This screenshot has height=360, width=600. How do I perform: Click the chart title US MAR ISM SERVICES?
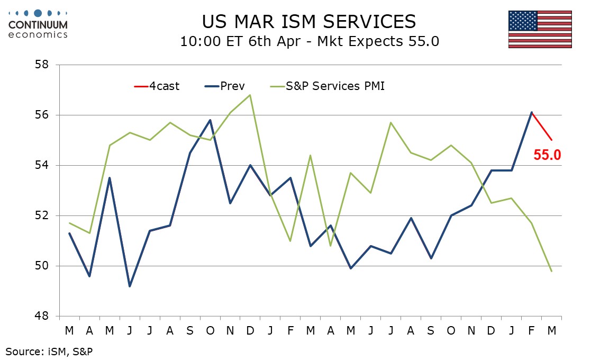pos(309,21)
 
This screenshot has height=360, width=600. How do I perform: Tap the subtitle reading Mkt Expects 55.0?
pos(309,41)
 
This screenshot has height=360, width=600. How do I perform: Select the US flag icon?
pos(540,29)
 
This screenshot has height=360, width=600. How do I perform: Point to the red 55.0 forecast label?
pos(547,155)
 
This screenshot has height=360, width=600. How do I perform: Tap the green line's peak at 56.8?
pos(250,95)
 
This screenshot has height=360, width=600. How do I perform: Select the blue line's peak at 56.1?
pos(532,112)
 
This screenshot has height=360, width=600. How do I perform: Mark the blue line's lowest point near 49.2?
pos(130,286)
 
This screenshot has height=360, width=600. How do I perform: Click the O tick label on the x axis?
pos(210,330)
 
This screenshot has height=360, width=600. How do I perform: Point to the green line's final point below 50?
pos(552,271)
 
